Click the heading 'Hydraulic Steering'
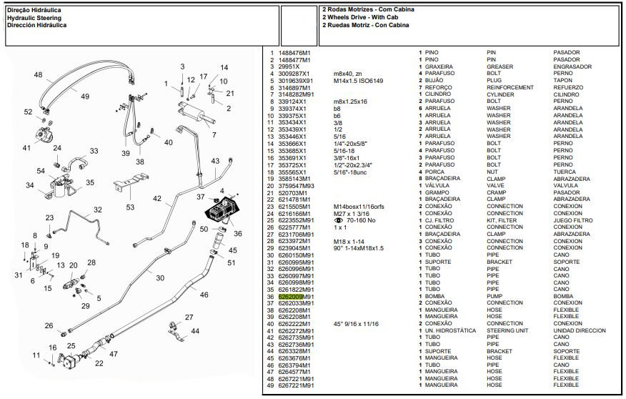click(34, 17)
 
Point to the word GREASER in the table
click(501, 66)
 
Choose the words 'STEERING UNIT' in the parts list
click(510, 331)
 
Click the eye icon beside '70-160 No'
click(339, 220)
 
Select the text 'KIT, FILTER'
click(502, 220)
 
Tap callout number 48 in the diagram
click(38, 75)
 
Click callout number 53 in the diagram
click(130, 207)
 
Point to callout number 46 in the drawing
click(204, 294)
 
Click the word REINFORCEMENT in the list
click(510, 87)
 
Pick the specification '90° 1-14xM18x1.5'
click(358, 248)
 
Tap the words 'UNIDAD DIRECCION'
click(580, 331)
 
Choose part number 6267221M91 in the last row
click(295, 386)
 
